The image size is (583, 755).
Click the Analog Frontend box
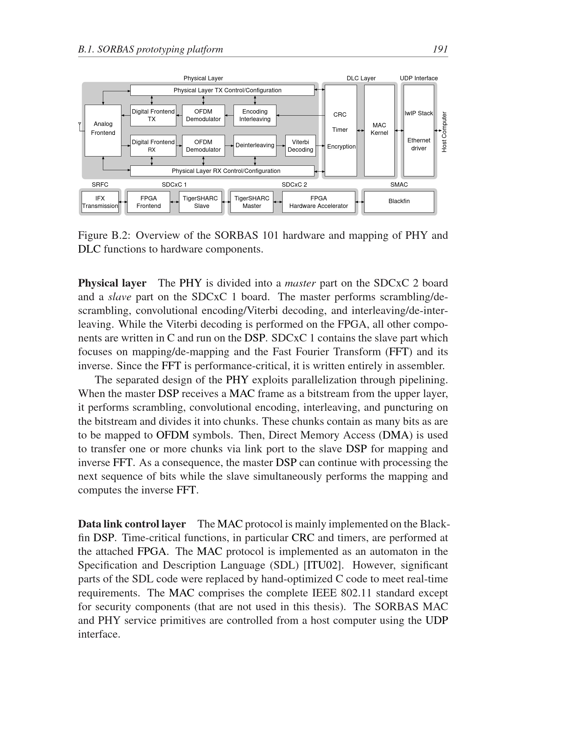click(103, 130)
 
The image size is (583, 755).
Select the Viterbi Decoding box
click(300, 146)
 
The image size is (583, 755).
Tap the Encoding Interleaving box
click(254, 115)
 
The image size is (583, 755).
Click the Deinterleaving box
click(254, 146)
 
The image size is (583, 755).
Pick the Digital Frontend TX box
click(153, 115)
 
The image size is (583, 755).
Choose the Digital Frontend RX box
click(153, 146)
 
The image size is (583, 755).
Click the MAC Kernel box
click(379, 130)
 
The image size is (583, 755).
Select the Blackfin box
click(398, 201)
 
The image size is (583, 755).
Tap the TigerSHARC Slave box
click(200, 202)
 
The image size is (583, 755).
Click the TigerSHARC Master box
click(251, 202)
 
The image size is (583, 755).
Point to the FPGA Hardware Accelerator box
click(318, 202)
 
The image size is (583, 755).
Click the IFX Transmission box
click(100, 202)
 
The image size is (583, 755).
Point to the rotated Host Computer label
click(444, 132)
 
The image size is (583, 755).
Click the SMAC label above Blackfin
click(399, 185)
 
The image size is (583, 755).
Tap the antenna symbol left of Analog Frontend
click(80, 125)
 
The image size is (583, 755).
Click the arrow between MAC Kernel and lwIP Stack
click(399, 130)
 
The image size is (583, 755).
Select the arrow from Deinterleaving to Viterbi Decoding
click(281, 146)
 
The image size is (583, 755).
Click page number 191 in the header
click(440, 49)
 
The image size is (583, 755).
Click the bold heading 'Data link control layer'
click(132, 524)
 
